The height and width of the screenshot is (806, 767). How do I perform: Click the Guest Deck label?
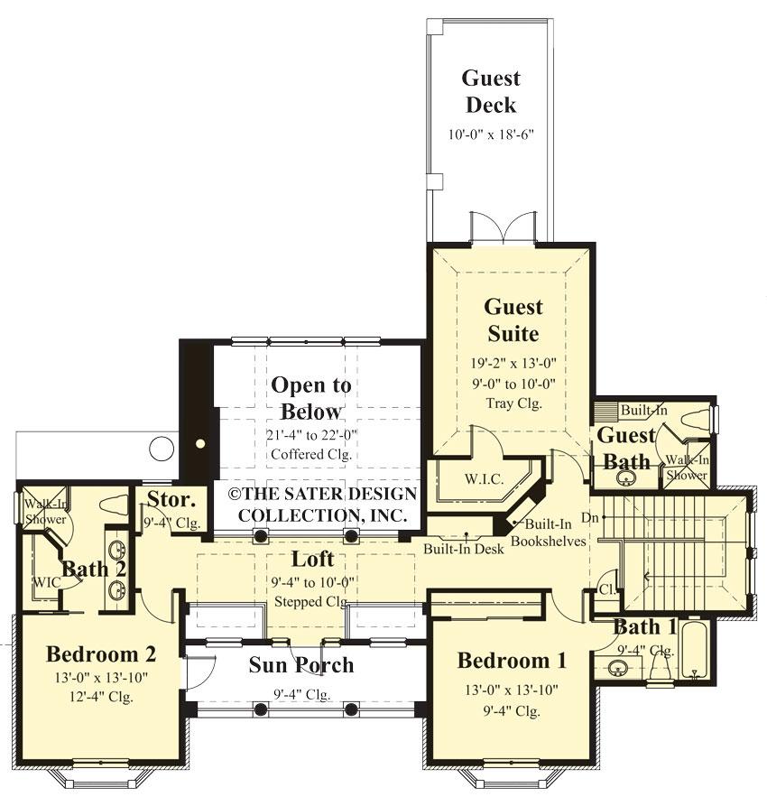(x=491, y=91)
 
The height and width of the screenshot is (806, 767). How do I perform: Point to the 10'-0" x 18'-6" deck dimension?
(x=492, y=134)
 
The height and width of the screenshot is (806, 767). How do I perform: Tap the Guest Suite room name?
(x=512, y=320)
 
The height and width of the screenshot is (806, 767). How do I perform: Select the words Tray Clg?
(x=513, y=403)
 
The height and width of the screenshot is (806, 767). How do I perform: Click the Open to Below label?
(x=311, y=398)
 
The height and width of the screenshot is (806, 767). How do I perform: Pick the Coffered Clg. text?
(x=311, y=454)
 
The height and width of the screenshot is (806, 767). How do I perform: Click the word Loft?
(x=312, y=559)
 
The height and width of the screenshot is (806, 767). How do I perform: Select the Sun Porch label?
(x=300, y=665)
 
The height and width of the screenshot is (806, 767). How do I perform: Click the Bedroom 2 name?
(x=101, y=653)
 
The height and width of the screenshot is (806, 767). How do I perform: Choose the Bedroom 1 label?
(x=512, y=660)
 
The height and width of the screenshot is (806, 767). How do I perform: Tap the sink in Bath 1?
(x=618, y=669)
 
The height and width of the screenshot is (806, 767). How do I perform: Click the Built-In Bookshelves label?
(x=549, y=533)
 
